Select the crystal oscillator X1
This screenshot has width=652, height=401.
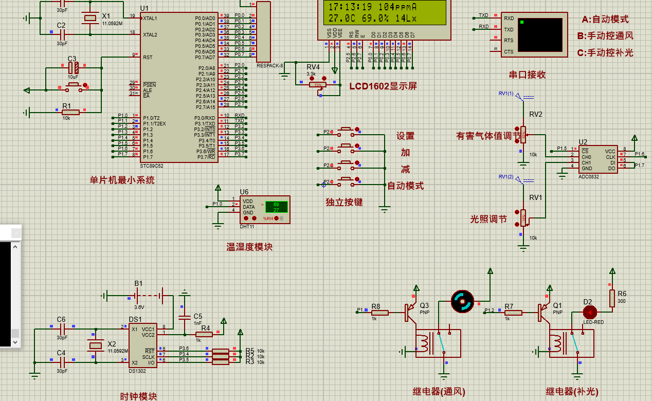tap(90, 19)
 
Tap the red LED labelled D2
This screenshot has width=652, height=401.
tap(589, 312)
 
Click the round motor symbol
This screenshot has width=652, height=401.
tap(462, 301)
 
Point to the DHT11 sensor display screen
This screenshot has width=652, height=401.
tap(276, 207)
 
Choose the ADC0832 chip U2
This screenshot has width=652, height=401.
tap(598, 159)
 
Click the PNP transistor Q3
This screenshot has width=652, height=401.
tap(410, 312)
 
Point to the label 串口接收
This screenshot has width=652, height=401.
tap(527, 75)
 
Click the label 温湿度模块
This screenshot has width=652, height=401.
tap(249, 247)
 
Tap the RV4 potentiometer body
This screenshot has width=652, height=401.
tap(318, 85)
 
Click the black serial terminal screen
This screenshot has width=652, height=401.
tap(540, 34)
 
